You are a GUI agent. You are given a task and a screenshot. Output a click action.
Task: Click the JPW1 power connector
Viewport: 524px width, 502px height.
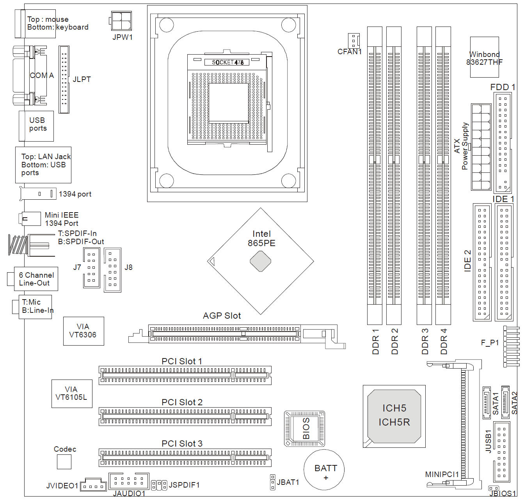pos(121,21)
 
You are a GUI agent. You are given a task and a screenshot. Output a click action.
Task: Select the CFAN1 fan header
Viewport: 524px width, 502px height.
pos(353,40)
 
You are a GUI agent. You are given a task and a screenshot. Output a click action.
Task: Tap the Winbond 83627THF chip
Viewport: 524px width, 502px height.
pos(484,57)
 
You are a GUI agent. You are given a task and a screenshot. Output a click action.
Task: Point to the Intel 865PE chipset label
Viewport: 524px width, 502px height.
pos(261,238)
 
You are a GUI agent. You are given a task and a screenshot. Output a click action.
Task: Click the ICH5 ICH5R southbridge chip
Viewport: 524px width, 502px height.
pos(394,416)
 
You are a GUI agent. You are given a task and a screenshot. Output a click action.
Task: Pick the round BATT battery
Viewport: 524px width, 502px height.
pos(324,470)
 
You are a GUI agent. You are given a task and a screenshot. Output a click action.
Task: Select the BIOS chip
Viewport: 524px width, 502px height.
pos(304,428)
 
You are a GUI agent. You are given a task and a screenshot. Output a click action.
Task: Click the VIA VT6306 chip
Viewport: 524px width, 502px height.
pos(83,331)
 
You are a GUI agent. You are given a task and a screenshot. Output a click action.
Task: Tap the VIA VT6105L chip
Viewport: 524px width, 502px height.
pos(72,394)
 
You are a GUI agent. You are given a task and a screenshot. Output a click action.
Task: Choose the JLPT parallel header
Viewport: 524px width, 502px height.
pos(64,80)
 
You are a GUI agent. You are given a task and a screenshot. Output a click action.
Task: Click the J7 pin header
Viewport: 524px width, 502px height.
pos(91,268)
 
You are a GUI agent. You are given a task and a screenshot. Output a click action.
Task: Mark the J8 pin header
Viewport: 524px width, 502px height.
pos(112,270)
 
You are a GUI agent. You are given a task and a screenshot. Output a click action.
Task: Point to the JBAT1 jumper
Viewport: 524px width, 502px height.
pos(273,482)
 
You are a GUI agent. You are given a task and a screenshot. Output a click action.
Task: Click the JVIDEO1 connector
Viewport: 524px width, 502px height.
pos(93,485)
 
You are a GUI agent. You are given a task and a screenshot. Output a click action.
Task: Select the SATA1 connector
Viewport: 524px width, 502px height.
pos(486,403)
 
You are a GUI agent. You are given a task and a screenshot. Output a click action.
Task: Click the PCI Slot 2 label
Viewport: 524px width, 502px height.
pos(182,402)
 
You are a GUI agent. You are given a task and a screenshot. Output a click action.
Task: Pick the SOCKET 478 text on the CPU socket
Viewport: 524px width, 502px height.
pos(227,62)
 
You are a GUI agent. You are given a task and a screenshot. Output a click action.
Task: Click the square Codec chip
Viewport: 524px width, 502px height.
pos(64,462)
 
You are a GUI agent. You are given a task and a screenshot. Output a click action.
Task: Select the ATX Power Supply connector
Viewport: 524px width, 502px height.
pos(481,147)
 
